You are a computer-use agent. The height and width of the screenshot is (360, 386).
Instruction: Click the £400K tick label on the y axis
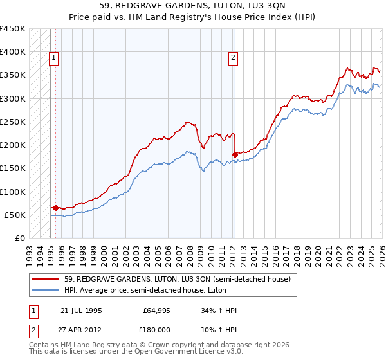(13, 52)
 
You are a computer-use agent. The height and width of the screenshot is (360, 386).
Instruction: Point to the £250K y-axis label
(13, 122)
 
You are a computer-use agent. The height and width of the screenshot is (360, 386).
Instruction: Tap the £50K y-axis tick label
(15, 215)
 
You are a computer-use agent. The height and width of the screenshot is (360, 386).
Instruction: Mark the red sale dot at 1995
(55, 208)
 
